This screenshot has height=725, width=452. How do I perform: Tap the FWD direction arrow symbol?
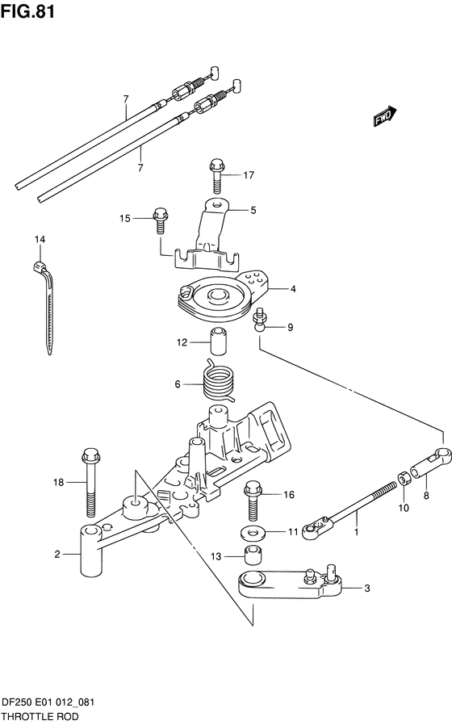point(384,117)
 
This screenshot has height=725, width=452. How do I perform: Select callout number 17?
point(249,174)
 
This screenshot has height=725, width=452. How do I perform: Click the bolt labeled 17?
point(216,172)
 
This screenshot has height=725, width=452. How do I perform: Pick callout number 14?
point(40,239)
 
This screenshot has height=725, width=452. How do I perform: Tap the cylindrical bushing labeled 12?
point(216,342)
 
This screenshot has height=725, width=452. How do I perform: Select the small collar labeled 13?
point(253,556)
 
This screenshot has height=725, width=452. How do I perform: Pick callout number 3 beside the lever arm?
point(367,589)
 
